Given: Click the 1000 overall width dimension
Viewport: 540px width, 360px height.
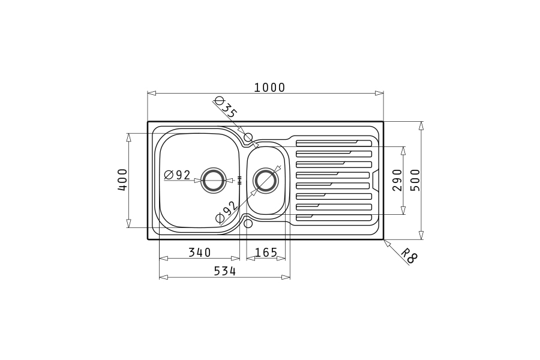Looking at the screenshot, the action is (x=269, y=88).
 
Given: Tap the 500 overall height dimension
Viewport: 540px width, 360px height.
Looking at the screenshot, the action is (x=416, y=180).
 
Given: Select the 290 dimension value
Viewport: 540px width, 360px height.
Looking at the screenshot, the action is (x=397, y=180).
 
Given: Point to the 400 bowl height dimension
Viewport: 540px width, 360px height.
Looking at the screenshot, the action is (x=122, y=180).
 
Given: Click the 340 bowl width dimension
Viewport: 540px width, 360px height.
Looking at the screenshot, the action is (x=199, y=253).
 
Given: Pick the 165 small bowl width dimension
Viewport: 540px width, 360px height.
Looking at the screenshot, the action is (x=266, y=253).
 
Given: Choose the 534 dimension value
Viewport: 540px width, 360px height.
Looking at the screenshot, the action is (x=225, y=271).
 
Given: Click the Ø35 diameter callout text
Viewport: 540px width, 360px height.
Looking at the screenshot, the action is (x=226, y=107).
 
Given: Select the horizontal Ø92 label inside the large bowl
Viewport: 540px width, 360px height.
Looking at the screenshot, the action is (x=178, y=175).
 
